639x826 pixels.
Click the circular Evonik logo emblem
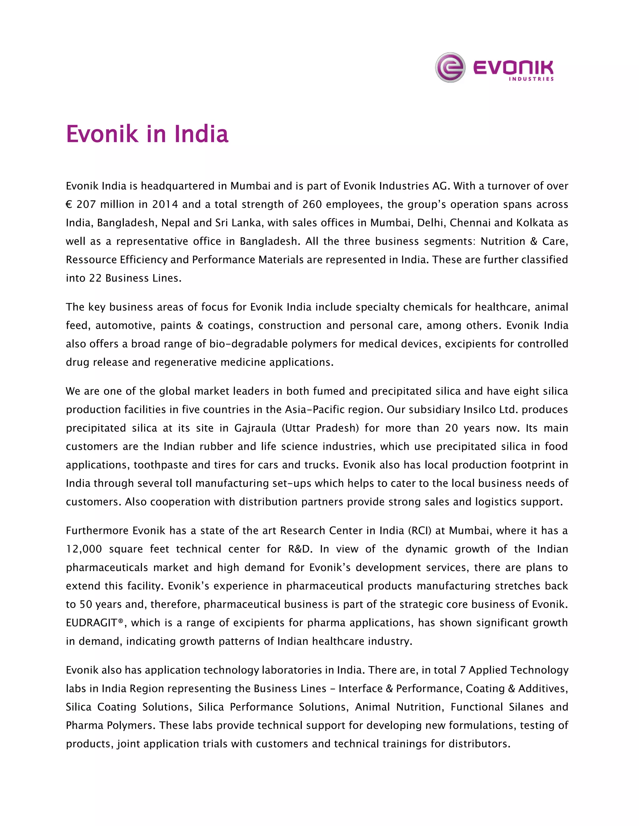click(x=450, y=67)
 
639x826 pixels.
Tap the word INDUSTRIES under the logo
click(x=531, y=79)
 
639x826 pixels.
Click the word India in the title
click(x=201, y=134)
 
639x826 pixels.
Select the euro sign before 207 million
click(x=69, y=204)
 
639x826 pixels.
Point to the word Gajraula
click(x=255, y=428)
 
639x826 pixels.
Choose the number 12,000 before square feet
click(x=84, y=549)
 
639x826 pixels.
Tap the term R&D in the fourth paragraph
click(x=300, y=549)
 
